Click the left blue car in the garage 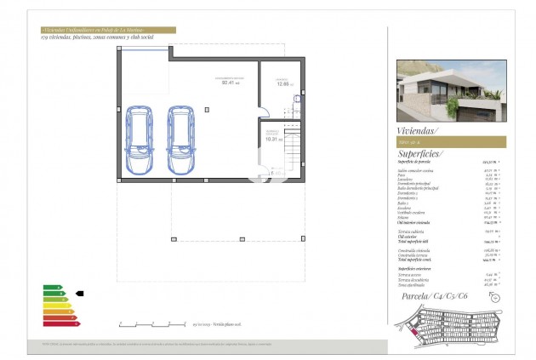click(139, 141)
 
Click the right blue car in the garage click(181, 141)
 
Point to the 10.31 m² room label click(270, 137)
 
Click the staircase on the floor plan click(292, 154)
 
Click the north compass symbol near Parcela click(496, 298)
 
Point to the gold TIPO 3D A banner click(451, 142)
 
